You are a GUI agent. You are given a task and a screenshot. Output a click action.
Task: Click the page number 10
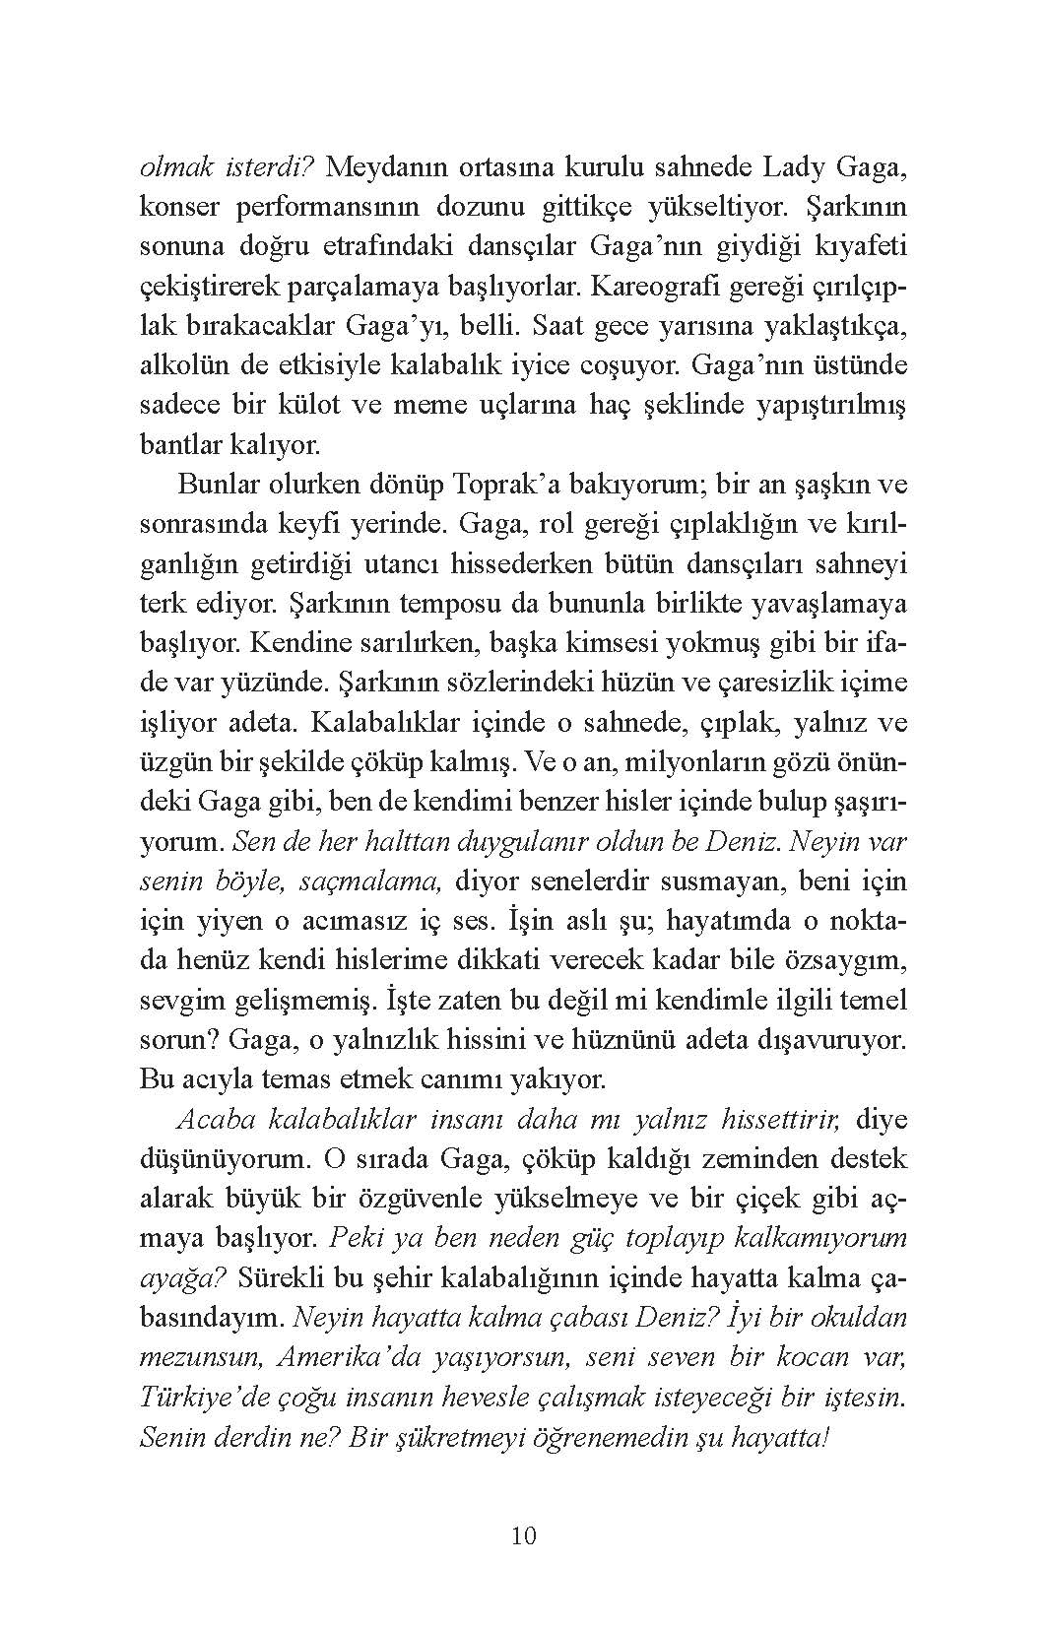click(524, 1535)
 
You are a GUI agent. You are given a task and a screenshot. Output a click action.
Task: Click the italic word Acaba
click(212, 1120)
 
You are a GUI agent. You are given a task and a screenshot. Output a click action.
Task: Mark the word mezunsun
click(200, 1357)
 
